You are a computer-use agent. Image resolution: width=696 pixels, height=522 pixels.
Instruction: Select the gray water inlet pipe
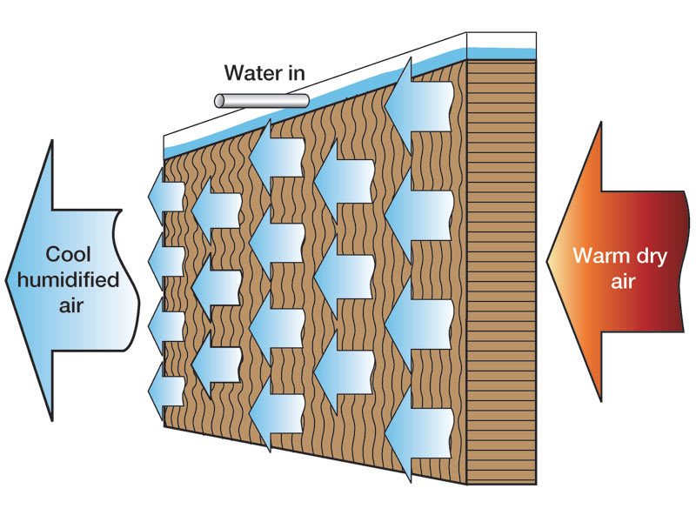[261, 100]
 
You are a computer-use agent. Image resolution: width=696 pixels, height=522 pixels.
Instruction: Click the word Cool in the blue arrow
[69, 255]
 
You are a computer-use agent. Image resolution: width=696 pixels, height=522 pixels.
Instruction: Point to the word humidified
[70, 279]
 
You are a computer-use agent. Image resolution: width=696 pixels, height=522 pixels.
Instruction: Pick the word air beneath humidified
[69, 304]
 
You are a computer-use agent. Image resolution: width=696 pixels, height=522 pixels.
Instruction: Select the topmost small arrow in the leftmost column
[165, 193]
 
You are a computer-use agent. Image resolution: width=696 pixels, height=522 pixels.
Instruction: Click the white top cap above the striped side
[501, 40]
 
